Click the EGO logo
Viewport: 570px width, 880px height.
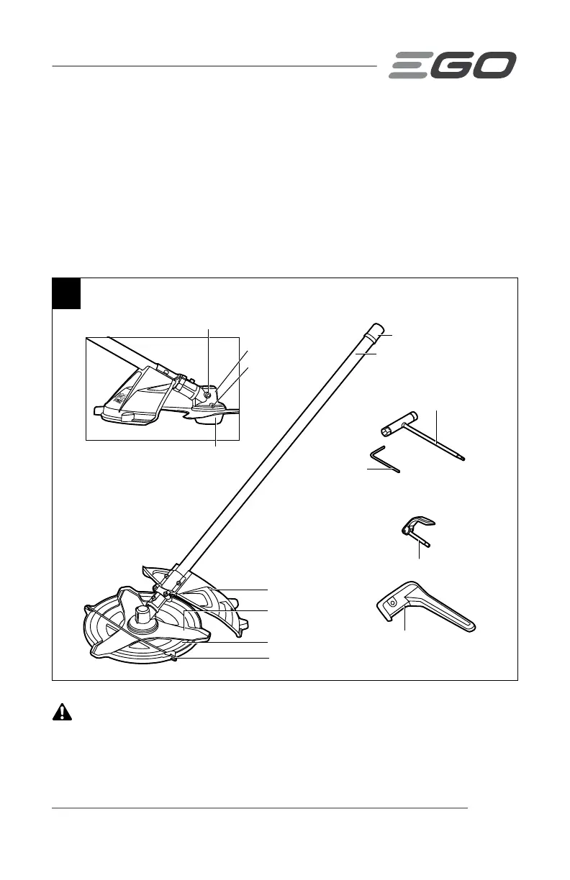pyautogui.click(x=453, y=65)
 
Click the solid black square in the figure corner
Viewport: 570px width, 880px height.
pyautogui.click(x=67, y=293)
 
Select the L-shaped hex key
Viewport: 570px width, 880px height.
pyautogui.click(x=385, y=460)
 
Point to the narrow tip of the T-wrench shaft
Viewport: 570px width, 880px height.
pyautogui.click(x=463, y=457)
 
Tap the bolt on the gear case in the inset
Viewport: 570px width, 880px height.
pyautogui.click(x=207, y=393)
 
